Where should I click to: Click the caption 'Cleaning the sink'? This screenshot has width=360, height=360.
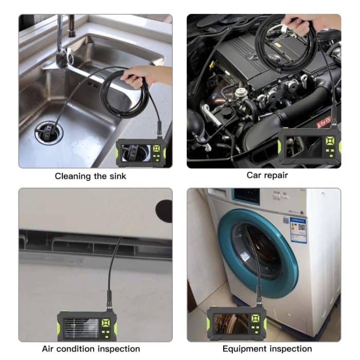[91, 176]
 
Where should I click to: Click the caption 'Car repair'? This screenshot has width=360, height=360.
[267, 175]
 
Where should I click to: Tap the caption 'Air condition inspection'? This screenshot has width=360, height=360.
[91, 349]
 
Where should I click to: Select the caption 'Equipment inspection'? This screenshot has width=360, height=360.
[267, 349]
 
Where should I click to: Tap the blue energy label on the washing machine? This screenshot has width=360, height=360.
[298, 229]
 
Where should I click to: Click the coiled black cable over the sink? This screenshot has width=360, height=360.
[123, 95]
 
